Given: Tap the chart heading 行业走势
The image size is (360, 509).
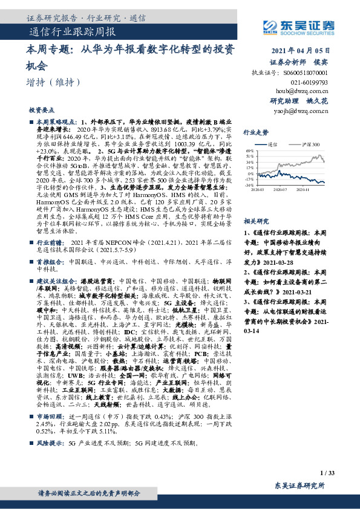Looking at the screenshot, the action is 255,131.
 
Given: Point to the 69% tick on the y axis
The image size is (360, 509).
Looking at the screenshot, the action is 249,149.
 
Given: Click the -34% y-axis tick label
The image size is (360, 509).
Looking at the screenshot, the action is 248,185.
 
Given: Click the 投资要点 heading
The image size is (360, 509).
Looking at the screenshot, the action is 41,111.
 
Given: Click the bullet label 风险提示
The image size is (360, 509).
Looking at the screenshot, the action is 50,443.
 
